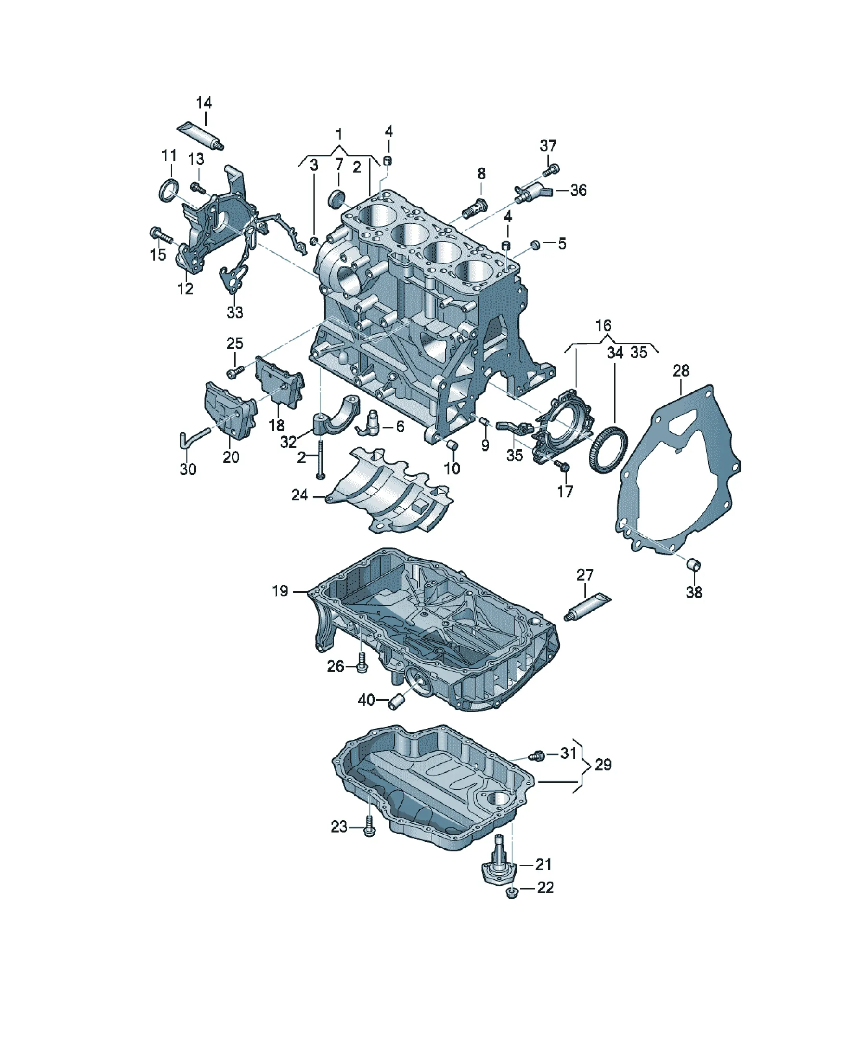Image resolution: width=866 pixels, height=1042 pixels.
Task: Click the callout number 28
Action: pos(681,371)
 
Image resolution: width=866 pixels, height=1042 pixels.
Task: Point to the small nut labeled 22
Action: pos(511,894)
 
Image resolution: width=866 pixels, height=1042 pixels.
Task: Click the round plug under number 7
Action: pos(337,197)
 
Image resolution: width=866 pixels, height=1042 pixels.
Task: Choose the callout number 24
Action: pos(299,495)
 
